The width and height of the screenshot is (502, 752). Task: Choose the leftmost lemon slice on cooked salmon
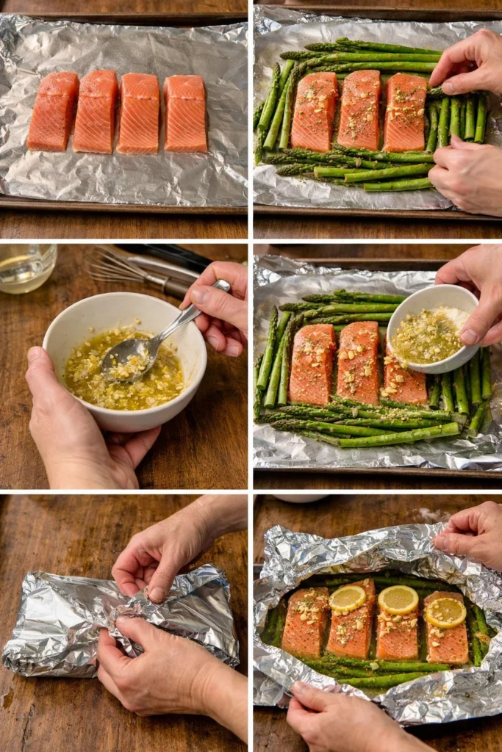coord(348,599)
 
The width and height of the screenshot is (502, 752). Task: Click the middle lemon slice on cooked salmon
coord(398,600)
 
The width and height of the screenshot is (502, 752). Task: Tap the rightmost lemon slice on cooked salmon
coord(445,612)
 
